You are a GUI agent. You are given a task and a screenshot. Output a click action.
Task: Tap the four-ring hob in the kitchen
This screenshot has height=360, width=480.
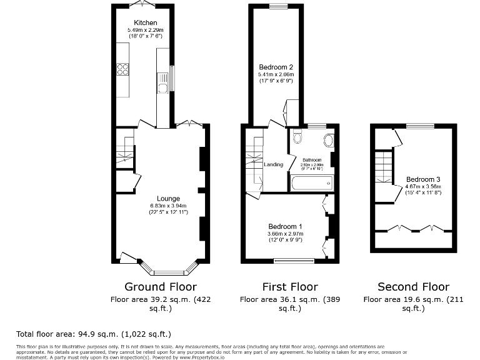(122, 70)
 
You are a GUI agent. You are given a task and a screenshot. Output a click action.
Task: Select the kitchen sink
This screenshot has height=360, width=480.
(162, 80)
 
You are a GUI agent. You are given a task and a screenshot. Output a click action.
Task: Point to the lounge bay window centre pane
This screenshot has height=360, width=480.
(169, 272)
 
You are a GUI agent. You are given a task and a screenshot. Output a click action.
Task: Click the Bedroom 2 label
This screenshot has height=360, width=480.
(276, 67)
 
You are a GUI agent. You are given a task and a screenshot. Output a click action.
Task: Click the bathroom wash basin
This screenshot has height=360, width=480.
(328, 139)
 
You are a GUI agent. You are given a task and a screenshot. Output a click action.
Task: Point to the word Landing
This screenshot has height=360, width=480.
(274, 164)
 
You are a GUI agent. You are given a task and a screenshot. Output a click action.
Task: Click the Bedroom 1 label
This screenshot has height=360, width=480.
(285, 226)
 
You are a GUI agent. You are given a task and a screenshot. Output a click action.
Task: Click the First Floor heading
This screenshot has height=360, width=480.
(290, 287)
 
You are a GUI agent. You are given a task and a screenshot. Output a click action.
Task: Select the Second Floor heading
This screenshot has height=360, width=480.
(413, 287)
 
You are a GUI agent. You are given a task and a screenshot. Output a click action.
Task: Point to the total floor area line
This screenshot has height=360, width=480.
(93, 334)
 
